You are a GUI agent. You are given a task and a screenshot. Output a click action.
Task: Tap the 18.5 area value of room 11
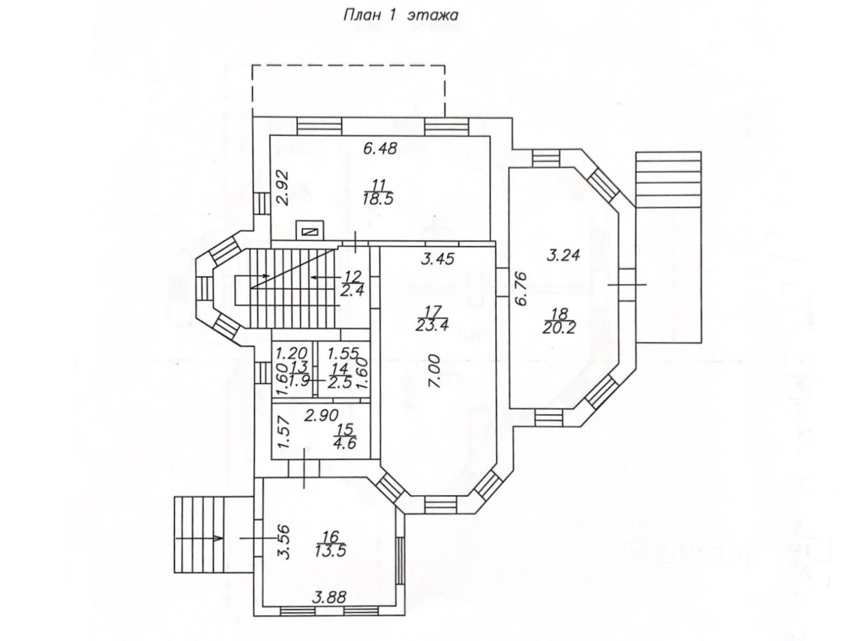378,198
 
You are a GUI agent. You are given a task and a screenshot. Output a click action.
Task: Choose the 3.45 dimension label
440,258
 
